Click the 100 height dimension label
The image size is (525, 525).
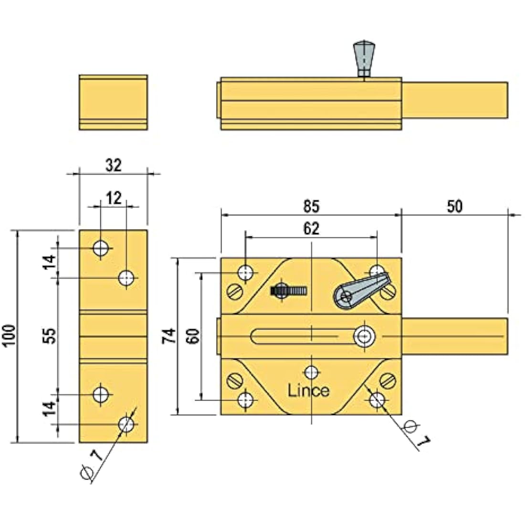[x=9, y=336]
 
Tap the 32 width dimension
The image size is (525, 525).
[x=114, y=166]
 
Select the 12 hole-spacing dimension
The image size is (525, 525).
[x=114, y=198]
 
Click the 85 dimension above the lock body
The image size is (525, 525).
[x=311, y=206]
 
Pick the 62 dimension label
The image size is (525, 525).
[x=311, y=228]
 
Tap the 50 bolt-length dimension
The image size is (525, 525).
[x=455, y=206]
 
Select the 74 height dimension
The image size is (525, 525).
[x=169, y=336]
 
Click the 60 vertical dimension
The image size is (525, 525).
[x=193, y=336]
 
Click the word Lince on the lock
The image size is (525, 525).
[x=308, y=390]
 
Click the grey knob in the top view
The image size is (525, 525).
[x=364, y=59]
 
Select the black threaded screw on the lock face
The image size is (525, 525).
[x=289, y=290]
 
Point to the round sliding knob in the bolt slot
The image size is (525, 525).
[x=364, y=336]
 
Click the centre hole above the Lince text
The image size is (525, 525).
[x=312, y=372]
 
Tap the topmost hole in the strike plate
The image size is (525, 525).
[x=101, y=248]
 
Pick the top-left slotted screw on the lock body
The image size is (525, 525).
[x=235, y=291]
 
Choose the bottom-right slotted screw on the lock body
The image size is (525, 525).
[x=388, y=381]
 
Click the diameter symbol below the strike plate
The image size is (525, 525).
[x=87, y=472]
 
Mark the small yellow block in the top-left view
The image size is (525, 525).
[x=113, y=103]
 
